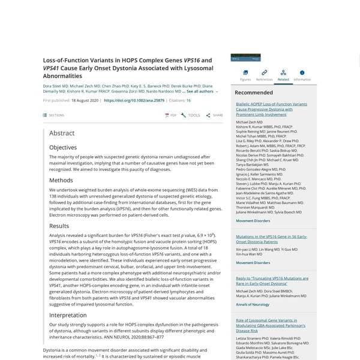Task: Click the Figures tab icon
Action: [245, 73]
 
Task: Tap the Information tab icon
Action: [302, 73]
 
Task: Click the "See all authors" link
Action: [202, 92]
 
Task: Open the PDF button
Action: [171, 115]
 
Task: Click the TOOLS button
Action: [191, 115]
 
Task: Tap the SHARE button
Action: [214, 115]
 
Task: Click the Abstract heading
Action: [62, 133]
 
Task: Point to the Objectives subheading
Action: [63, 147]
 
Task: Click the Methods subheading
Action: [61, 180]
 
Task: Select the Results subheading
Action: [59, 226]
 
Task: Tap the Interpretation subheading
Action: [68, 314]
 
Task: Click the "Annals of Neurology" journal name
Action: [252, 305]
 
